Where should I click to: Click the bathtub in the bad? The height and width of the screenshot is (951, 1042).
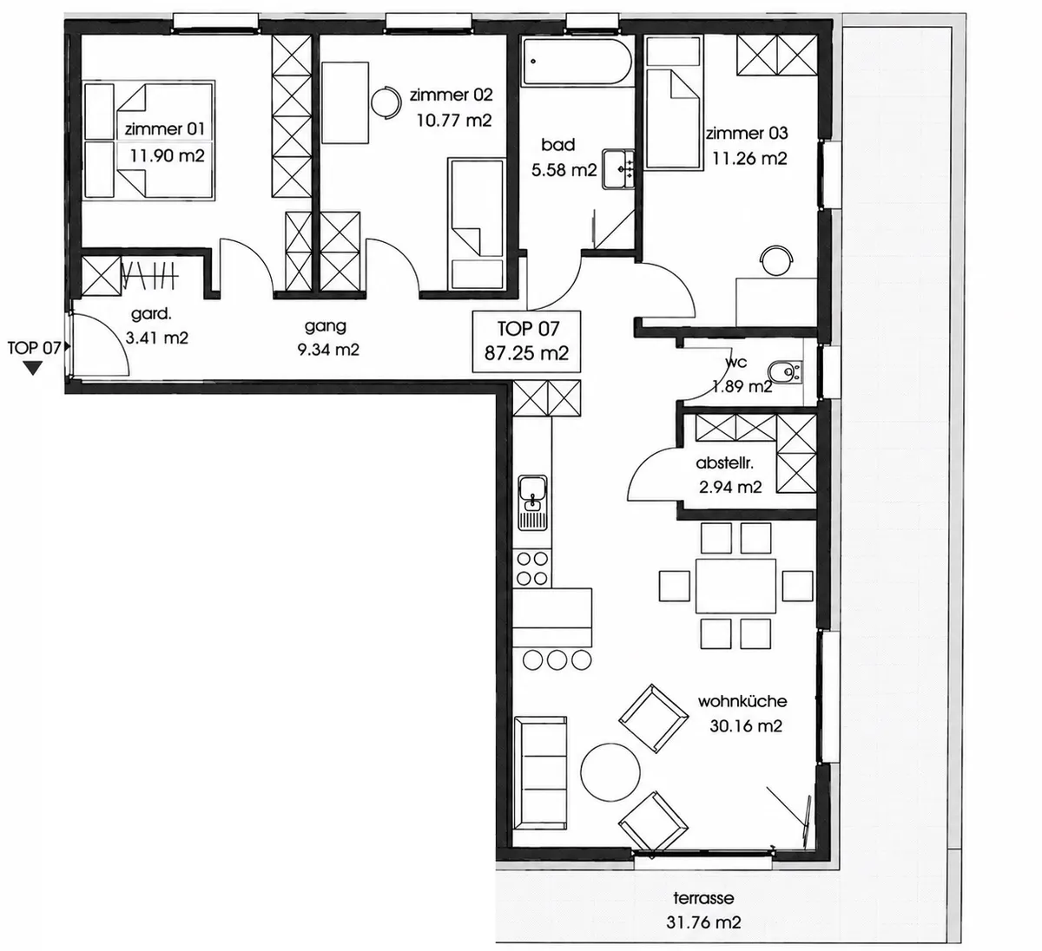pyautogui.click(x=577, y=62)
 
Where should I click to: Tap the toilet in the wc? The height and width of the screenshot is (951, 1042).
pyautogui.click(x=784, y=371)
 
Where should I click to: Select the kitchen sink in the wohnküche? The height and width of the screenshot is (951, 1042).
pyautogui.click(x=532, y=502)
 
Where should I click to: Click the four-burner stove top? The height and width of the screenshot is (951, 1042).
pyautogui.click(x=532, y=568)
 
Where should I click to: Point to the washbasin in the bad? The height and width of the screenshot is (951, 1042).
pyautogui.click(x=618, y=168)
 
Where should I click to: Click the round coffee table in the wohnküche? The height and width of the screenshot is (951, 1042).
pyautogui.click(x=610, y=772)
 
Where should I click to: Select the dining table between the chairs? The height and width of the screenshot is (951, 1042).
pyautogui.click(x=735, y=586)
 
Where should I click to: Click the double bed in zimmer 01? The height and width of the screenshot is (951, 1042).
pyautogui.click(x=149, y=140)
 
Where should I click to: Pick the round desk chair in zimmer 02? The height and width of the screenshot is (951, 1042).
pyautogui.click(x=386, y=102)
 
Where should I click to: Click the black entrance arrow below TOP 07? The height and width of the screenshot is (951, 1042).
pyautogui.click(x=33, y=369)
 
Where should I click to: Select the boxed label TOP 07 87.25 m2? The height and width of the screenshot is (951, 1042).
pyautogui.click(x=527, y=342)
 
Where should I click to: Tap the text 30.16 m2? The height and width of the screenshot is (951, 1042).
pyautogui.click(x=745, y=725)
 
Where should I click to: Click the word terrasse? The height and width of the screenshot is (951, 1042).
pyautogui.click(x=703, y=897)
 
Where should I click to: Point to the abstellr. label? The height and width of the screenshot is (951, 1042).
pyautogui.click(x=724, y=462)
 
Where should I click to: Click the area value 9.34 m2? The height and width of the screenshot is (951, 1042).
pyautogui.click(x=328, y=350)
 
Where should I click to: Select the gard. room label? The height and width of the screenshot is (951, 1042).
pyautogui.click(x=151, y=313)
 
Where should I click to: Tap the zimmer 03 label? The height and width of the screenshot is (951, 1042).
pyautogui.click(x=747, y=134)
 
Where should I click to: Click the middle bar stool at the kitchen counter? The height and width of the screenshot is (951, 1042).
pyautogui.click(x=557, y=659)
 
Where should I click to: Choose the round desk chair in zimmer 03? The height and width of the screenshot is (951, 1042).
pyautogui.click(x=775, y=260)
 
